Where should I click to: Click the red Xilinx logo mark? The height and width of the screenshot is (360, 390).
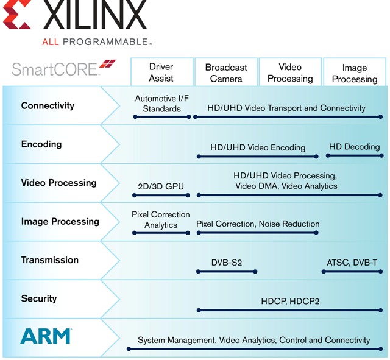tap(17, 15)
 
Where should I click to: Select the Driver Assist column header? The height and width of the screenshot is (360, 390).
tap(161, 72)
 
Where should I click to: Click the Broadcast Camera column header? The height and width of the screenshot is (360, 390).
tap(226, 72)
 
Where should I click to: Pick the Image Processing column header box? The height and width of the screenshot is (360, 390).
tap(355, 72)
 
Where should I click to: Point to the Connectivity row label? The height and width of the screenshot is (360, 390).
tap(48, 105)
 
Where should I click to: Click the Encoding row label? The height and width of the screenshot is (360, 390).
tap(41, 144)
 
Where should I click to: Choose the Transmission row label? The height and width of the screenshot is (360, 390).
tap(50, 260)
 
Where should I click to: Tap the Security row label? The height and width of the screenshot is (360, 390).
tap(39, 298)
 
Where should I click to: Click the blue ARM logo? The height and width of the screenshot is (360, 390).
tap(46, 336)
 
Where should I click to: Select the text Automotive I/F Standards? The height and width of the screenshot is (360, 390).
tap(162, 104)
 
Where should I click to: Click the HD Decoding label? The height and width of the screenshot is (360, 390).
tap(355, 147)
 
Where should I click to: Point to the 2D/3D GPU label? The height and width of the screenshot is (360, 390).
tap(161, 186)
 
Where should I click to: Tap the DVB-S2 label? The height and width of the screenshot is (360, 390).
tap(227, 263)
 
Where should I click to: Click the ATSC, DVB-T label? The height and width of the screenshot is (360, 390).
tap(352, 263)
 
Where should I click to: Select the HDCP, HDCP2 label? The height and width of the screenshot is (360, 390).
tap(290, 302)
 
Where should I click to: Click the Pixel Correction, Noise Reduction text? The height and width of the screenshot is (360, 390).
tap(258, 224)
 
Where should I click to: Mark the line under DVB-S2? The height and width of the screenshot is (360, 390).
tap(227, 272)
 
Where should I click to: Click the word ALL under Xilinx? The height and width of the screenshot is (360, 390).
tap(51, 42)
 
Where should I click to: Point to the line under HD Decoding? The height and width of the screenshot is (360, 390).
tap(355, 156)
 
